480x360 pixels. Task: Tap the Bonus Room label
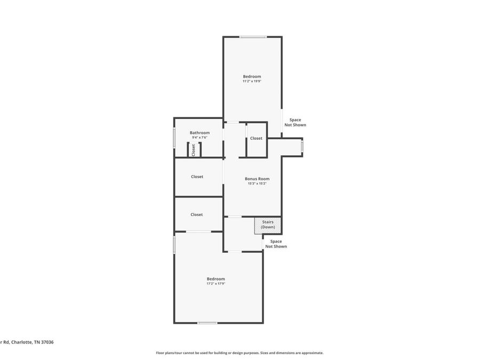pyautogui.click(x=257, y=179)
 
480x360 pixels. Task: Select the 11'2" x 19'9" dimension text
pyautogui.click(x=252, y=82)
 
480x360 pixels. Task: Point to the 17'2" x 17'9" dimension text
pyautogui.click(x=216, y=284)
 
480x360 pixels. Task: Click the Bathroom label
pyautogui.click(x=199, y=133)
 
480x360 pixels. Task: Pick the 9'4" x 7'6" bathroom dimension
pyautogui.click(x=199, y=138)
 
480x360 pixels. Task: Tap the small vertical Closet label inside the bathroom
pyautogui.click(x=194, y=150)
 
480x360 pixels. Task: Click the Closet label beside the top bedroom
pyautogui.click(x=256, y=138)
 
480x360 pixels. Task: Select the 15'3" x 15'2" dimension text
pyautogui.click(x=257, y=183)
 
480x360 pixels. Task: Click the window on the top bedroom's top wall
pyautogui.click(x=253, y=37)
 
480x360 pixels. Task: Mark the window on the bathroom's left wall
pyautogui.click(x=174, y=138)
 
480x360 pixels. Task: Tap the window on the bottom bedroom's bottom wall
pyautogui.click(x=207, y=323)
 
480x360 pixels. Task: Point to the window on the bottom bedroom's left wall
pyautogui.click(x=174, y=245)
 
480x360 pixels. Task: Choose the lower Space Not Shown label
pyautogui.click(x=276, y=244)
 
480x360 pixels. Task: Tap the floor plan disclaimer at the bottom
pyautogui.click(x=239, y=353)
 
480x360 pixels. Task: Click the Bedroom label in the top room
pyautogui.click(x=252, y=76)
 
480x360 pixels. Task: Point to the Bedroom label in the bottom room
pyautogui.click(x=216, y=279)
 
